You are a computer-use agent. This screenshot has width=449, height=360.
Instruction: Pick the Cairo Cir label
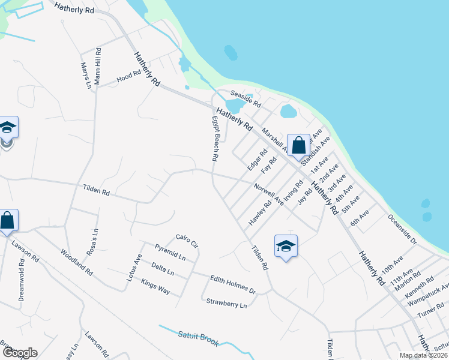pos(187,241)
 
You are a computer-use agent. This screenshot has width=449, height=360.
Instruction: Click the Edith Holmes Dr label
pos(233,284)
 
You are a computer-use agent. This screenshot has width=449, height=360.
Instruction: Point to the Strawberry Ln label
pos(226,304)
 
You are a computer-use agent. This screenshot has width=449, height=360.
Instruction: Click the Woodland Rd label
pos(77,262)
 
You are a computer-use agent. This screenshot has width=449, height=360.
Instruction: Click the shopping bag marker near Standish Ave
pos(298,145)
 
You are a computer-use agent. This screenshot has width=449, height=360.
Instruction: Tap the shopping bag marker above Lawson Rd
pos(8,220)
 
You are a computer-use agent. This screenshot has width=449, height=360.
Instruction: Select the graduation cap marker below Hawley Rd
pos(286,245)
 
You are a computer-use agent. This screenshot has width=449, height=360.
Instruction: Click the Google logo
pos(19,353)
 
